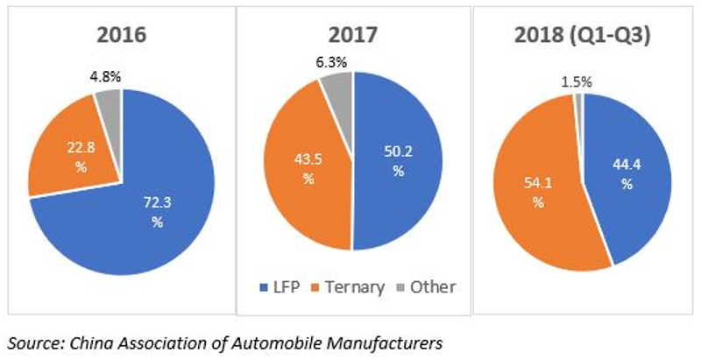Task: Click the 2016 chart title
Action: point(122,35)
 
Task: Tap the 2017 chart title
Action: point(353,35)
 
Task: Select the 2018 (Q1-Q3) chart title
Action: point(583,36)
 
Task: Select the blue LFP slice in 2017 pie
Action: point(397,162)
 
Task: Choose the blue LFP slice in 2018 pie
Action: point(627,176)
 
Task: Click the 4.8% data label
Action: point(104,77)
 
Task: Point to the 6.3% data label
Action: point(331,62)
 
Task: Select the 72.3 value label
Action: point(157,203)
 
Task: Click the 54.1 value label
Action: point(538,183)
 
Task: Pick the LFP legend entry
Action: point(280,287)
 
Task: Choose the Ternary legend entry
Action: point(348,287)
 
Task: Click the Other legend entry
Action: point(426,287)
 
